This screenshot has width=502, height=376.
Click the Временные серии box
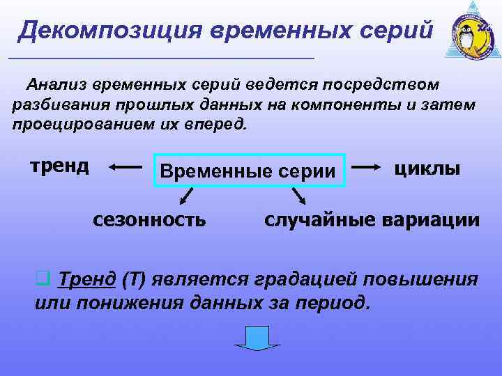pos(249,171)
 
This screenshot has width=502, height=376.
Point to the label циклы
pos(427,168)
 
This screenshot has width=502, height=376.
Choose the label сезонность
pos(150,219)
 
